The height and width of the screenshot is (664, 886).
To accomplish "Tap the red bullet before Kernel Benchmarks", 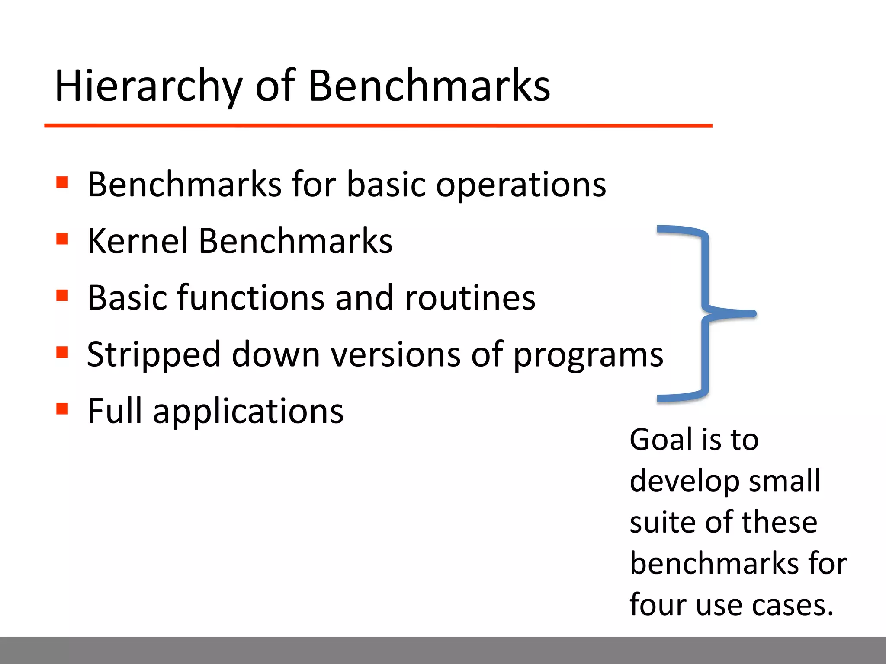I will coord(62,239).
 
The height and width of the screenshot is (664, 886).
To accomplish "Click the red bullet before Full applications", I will coord(62,409).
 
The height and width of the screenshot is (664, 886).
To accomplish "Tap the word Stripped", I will coord(154,354).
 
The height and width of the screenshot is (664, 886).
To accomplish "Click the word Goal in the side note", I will coord(662,440).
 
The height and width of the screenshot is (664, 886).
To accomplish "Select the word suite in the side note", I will coord(662,522).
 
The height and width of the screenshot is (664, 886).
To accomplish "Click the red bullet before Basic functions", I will coord(62,296).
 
